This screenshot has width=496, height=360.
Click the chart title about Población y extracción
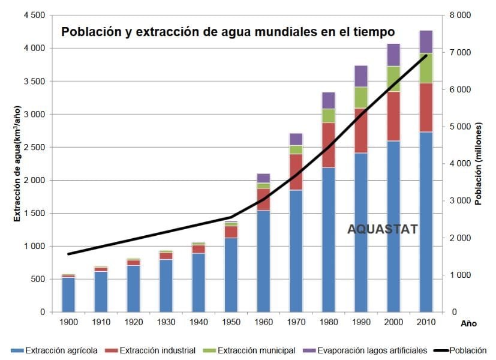point(228,31)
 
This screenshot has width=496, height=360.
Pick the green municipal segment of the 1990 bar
point(361,97)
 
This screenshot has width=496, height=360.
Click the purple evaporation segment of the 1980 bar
point(329,100)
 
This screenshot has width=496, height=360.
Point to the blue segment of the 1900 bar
point(68,295)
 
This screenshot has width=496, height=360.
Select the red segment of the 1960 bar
point(264,199)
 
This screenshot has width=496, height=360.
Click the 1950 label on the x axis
point(231,323)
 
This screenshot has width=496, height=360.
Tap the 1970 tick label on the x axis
point(296,323)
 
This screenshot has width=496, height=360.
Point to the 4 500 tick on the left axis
point(34,15)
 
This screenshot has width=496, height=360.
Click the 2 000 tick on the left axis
point(34,180)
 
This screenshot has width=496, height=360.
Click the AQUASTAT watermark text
point(383,229)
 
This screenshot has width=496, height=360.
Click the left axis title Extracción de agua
point(17,163)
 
